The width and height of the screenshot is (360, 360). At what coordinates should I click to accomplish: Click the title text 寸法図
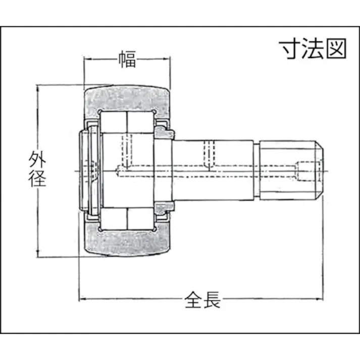tap(314, 49)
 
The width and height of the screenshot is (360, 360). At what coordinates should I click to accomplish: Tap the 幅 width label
tap(127, 59)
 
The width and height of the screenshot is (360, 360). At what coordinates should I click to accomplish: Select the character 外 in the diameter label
tap(37, 161)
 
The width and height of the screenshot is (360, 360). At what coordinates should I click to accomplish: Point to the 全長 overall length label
tap(202, 301)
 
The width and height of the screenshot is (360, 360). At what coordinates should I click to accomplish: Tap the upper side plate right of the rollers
tap(163, 132)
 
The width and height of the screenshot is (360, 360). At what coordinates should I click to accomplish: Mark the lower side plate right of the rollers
tap(163, 208)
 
